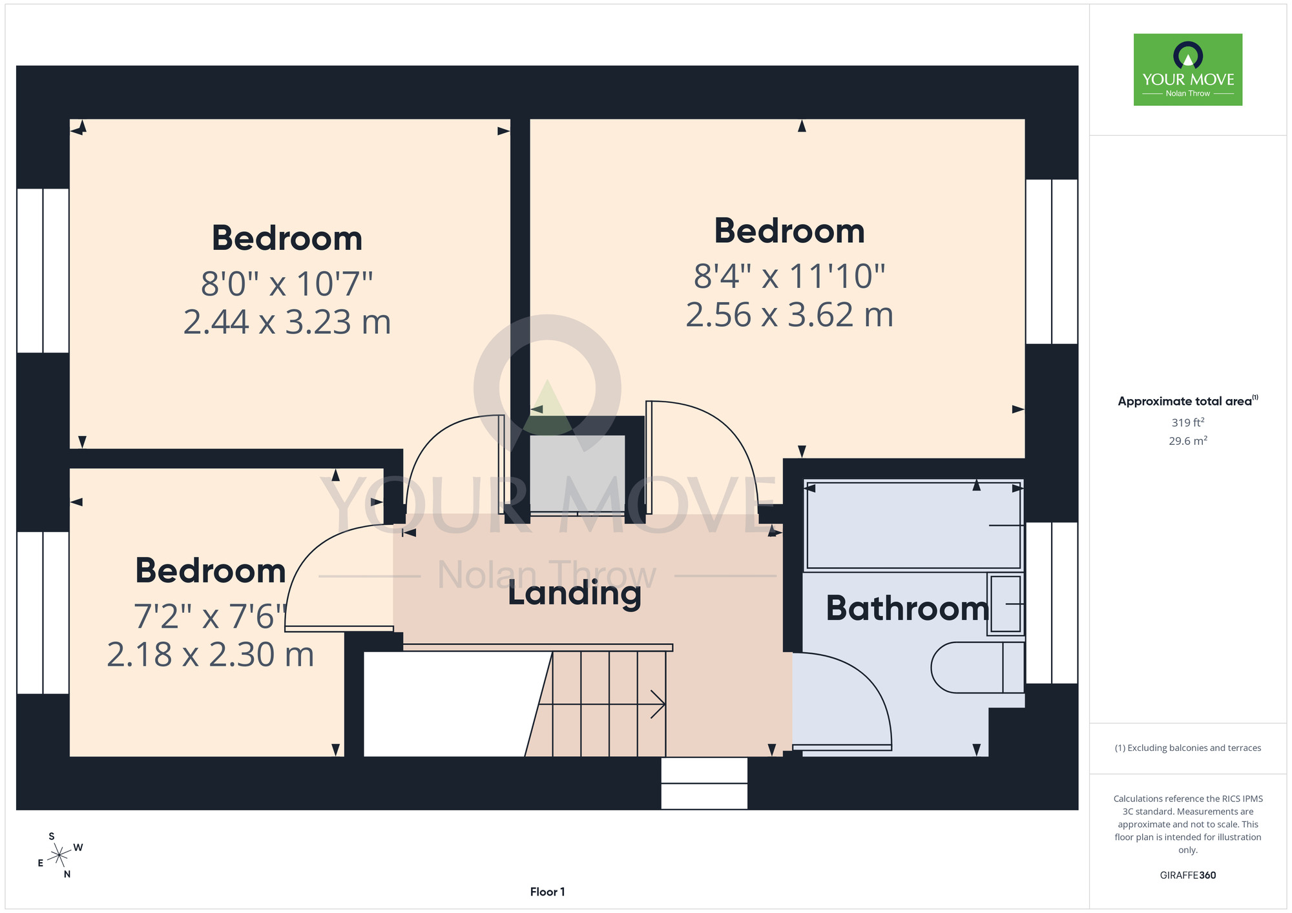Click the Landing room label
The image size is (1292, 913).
point(574,593)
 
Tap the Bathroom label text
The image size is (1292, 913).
point(907,608)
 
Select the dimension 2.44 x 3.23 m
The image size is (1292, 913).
point(287,322)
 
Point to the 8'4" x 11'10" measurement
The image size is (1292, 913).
point(789,276)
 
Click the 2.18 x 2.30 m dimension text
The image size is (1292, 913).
point(210,655)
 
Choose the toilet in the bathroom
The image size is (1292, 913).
point(977,667)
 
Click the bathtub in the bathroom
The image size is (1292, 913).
point(913,525)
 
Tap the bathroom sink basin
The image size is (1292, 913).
point(1005,604)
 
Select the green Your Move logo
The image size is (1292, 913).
point(1188,70)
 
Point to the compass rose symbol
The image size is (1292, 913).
point(60,856)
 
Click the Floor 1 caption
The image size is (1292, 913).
point(547,892)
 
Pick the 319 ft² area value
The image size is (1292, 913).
point(1188,422)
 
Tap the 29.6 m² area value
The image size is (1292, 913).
point(1188,441)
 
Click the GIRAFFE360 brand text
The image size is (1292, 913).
point(1188,876)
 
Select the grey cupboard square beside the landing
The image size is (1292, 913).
point(578,474)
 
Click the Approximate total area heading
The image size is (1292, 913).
point(1188,401)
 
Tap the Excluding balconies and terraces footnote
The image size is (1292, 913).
point(1188,748)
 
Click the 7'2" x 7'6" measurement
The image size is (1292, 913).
point(210,617)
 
